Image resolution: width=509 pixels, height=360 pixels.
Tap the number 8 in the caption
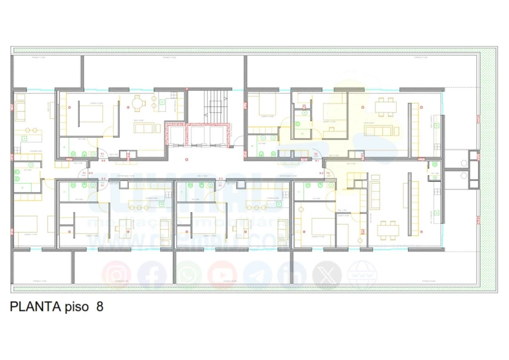(99, 306)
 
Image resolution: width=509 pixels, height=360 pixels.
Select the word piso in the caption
(77, 307)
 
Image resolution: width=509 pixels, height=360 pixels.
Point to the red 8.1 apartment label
(316, 160)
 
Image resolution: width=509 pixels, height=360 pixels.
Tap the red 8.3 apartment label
(220, 178)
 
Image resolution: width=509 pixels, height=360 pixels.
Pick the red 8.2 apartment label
(321, 173)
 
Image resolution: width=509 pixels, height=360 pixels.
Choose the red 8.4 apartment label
(103, 178)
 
